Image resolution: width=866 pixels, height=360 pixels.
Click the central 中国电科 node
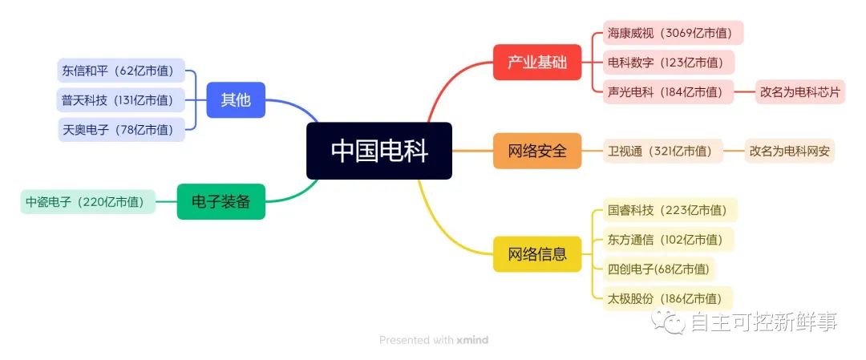coord(379,151)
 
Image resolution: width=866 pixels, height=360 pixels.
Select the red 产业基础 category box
coord(537,62)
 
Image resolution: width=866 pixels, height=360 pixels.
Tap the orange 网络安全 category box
coord(537,151)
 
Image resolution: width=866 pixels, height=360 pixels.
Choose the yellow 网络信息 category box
coord(537,254)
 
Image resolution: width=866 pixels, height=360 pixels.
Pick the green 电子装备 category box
coord(221,201)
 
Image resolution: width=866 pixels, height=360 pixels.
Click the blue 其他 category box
coord(236,100)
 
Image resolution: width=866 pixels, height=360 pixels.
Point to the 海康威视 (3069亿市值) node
coord(674,33)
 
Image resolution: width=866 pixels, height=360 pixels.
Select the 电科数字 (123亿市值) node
coord(669,63)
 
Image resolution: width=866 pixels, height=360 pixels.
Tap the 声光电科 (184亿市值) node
coord(668,91)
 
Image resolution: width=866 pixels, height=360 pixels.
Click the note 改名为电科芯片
coord(800,91)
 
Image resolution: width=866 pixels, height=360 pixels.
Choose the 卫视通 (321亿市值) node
coord(663,151)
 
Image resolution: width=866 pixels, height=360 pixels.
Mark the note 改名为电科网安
coord(790,151)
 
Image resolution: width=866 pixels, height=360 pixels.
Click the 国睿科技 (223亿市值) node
coord(670,210)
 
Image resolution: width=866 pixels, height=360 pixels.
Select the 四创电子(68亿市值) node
coord(659,269)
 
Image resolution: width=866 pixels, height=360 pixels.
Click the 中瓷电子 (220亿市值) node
coord(88,201)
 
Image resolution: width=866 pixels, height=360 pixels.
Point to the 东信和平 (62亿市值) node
coord(121,70)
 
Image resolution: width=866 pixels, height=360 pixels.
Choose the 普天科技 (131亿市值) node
coord(121,100)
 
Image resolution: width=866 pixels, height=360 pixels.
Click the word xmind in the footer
coord(473,340)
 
